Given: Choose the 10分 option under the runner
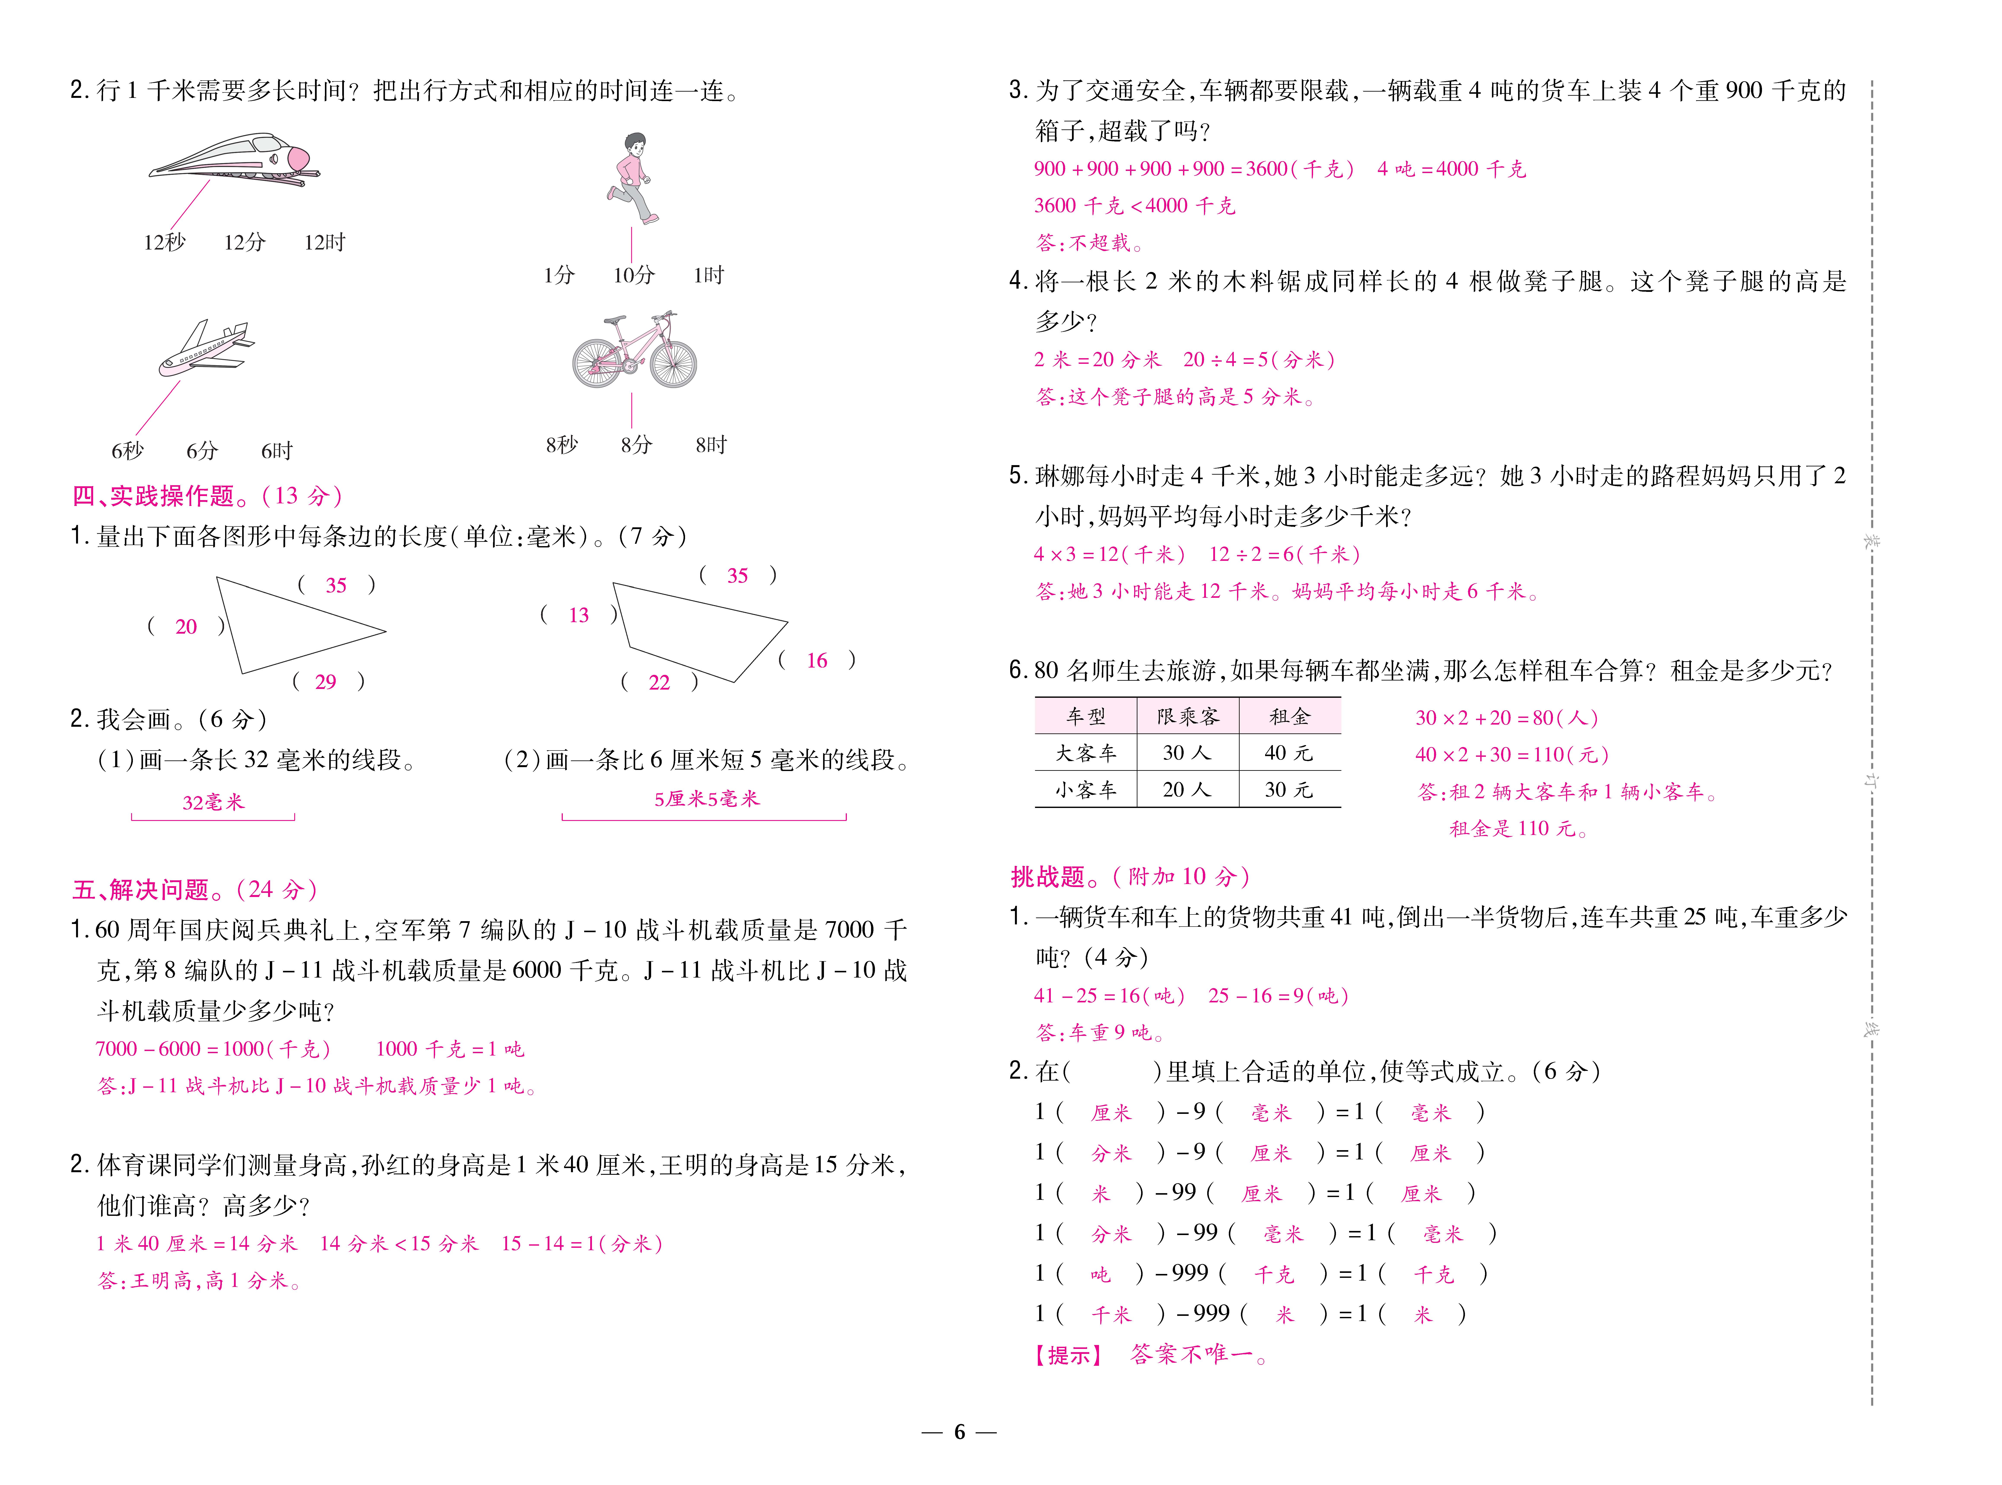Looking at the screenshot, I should click(634, 275).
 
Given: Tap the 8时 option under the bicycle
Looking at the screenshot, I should click(711, 445).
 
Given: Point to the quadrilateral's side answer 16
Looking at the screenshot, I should click(816, 661).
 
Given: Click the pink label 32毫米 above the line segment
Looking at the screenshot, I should click(213, 802).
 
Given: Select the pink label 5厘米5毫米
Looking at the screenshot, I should click(707, 798).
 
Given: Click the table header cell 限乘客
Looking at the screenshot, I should click(1188, 716).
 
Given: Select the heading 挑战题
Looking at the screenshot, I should click(1049, 876).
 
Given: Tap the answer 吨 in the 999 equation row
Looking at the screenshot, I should click(1100, 1274).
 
